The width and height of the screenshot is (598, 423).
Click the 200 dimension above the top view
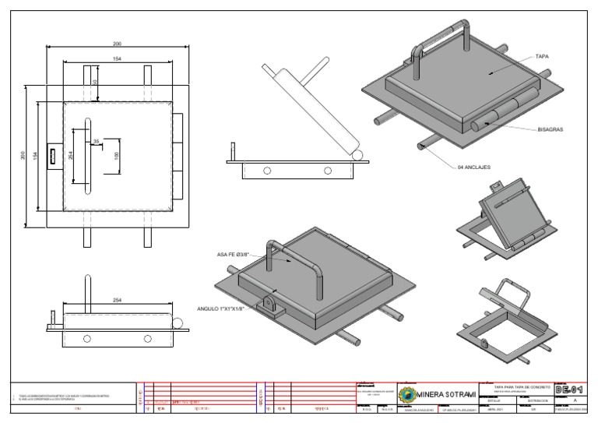click(117, 44)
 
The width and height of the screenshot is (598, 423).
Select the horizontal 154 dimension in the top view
click(117, 58)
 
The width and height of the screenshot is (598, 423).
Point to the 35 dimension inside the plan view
click(97, 141)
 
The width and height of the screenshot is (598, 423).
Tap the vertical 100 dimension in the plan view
click(117, 156)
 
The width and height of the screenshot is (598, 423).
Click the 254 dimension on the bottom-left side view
click(117, 300)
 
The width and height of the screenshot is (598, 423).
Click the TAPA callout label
click(543, 57)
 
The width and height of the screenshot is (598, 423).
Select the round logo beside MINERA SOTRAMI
click(407, 393)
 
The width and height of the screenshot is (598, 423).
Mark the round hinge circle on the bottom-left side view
click(178, 323)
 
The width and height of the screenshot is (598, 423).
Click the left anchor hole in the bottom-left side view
click(86, 339)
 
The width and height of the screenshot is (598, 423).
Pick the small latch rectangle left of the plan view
click(54, 156)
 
